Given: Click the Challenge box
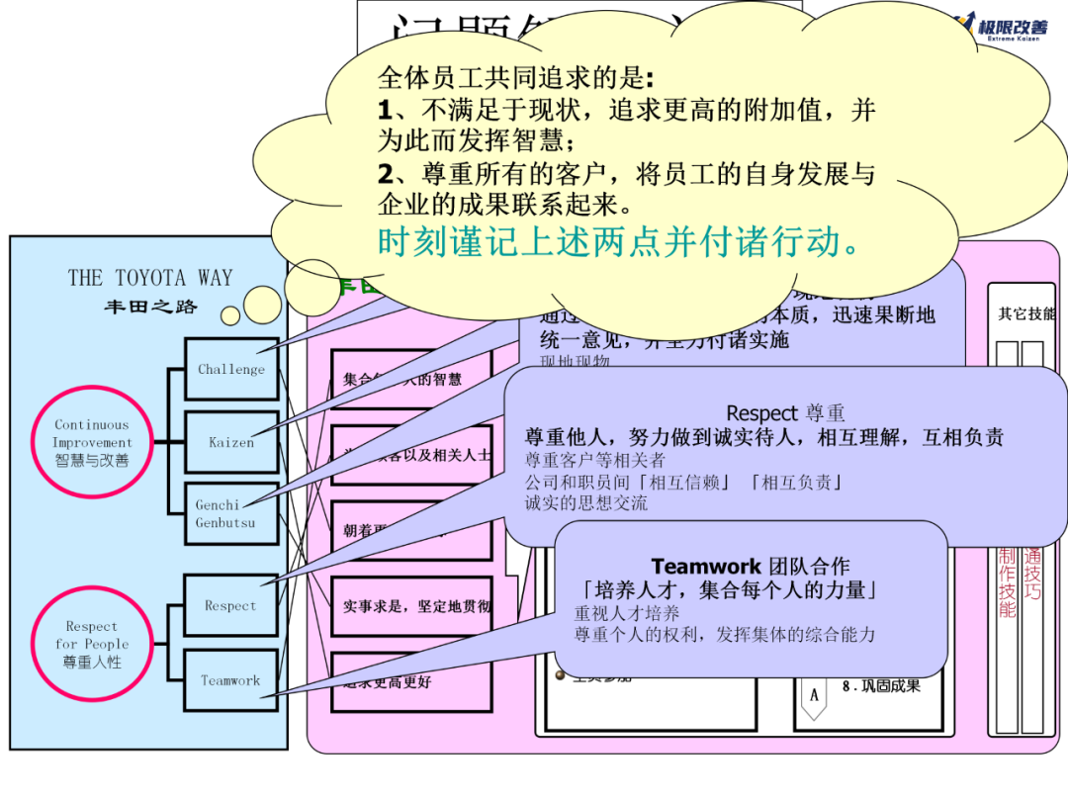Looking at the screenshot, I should coord(231,369).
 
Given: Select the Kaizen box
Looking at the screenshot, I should coord(231,442).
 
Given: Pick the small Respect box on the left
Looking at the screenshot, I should coord(230,606).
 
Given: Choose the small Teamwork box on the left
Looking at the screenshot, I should coord(230,680).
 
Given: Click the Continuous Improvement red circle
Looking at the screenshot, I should coord(91,442).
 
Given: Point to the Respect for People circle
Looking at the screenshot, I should coord(91,644).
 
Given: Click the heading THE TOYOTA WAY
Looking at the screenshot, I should coord(150,278).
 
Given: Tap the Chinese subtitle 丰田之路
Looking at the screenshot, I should coord(150,307).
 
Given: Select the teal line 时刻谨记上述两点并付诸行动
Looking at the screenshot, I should coord(619,241).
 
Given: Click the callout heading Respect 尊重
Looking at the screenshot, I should coord(785,413).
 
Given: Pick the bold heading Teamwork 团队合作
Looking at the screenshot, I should coord(750,567).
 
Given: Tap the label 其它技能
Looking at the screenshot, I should coord(1025,314).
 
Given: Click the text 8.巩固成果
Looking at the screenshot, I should coord(881,685).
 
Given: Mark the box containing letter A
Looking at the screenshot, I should coord(814,695).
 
